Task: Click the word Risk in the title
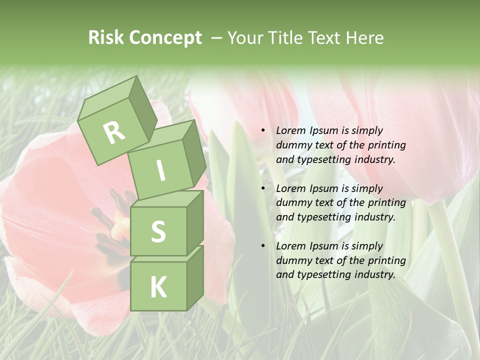click(x=106, y=38)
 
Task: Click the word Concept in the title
click(x=165, y=38)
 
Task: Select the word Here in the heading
click(x=365, y=38)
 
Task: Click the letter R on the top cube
click(x=114, y=132)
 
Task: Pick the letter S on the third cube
click(x=158, y=231)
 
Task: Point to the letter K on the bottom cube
click(x=158, y=287)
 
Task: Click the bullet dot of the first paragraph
click(x=263, y=130)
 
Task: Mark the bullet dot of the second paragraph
click(x=263, y=188)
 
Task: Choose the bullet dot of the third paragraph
click(x=263, y=246)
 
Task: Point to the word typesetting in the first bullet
click(x=322, y=160)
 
